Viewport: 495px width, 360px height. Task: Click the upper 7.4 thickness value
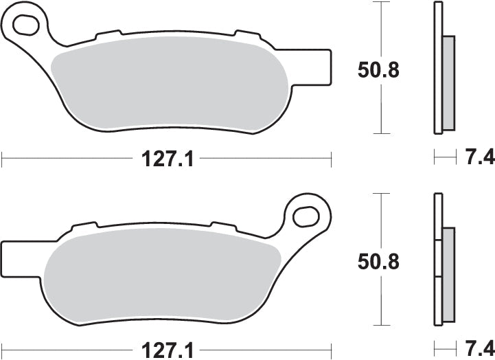click(x=480, y=159)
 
